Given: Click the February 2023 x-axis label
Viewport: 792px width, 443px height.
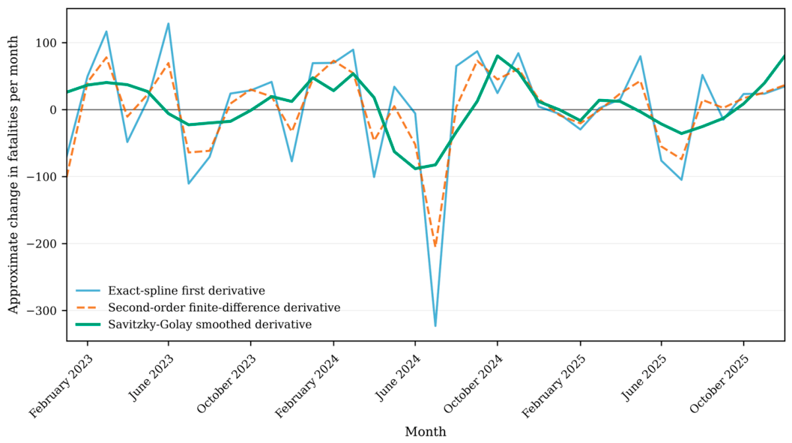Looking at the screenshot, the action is (x=61, y=387).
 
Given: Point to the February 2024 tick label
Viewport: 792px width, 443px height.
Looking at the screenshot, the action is (x=306, y=387).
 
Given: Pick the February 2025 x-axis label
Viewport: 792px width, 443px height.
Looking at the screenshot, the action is (x=553, y=387).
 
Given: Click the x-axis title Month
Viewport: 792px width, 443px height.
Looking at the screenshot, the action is (x=426, y=432).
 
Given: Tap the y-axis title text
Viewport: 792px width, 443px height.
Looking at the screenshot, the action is (x=13, y=174).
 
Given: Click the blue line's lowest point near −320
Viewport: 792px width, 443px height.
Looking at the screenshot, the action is (x=435, y=326).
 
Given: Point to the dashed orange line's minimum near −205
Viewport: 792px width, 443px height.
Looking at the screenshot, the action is (x=435, y=247).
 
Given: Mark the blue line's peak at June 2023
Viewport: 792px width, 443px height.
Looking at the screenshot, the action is (x=168, y=24).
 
